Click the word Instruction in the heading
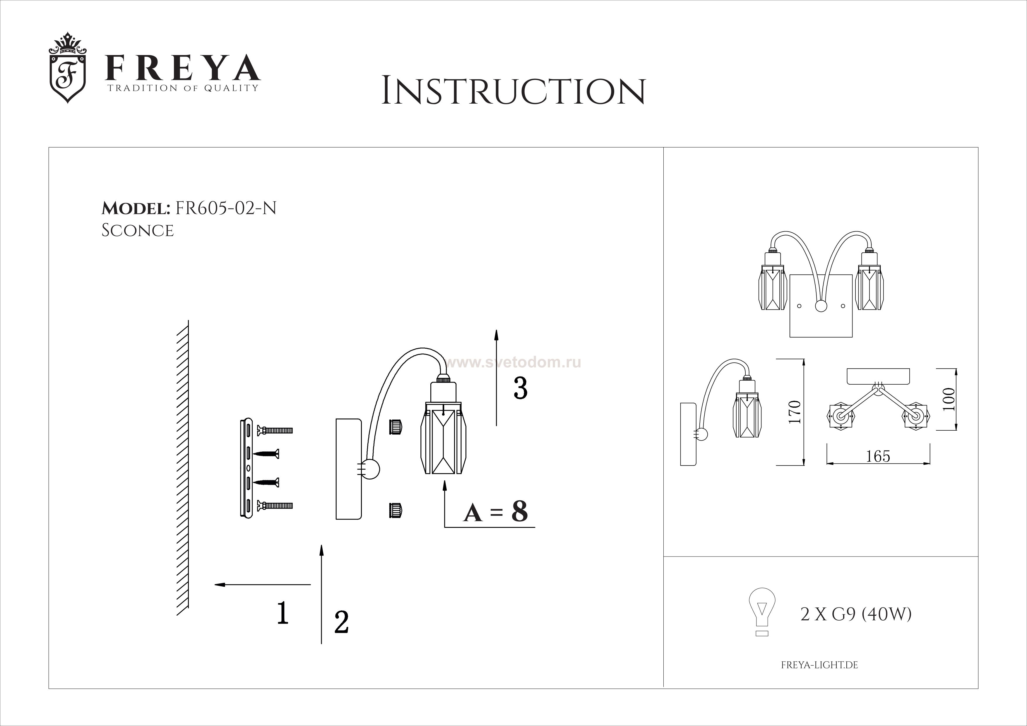(513, 91)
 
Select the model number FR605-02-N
(226, 208)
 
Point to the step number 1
(282, 612)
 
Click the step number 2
(341, 622)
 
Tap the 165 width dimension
(878, 456)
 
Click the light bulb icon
(762, 612)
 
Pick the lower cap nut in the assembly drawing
(396, 510)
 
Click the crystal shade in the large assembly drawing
(443, 438)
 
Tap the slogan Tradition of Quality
(182, 88)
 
